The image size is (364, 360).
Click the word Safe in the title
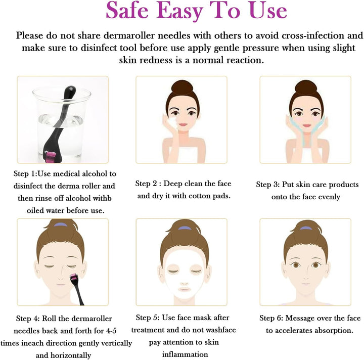coord(127,11)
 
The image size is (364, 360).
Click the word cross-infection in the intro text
coord(313,35)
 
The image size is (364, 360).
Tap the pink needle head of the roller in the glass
coord(51,157)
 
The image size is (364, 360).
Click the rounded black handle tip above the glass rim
coord(70,91)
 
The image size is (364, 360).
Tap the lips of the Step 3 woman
coord(307,126)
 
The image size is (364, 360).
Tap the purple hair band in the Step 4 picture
coord(60,225)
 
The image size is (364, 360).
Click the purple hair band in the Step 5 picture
coord(185,228)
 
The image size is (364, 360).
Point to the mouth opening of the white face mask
coord(185,289)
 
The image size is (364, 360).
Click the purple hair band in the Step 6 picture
coord(306,228)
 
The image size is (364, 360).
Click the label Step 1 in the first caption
coord(24,173)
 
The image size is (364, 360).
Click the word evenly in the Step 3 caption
coord(329,197)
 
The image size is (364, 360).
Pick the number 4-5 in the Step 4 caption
coord(111,331)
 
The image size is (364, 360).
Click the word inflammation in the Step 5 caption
coord(185,354)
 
